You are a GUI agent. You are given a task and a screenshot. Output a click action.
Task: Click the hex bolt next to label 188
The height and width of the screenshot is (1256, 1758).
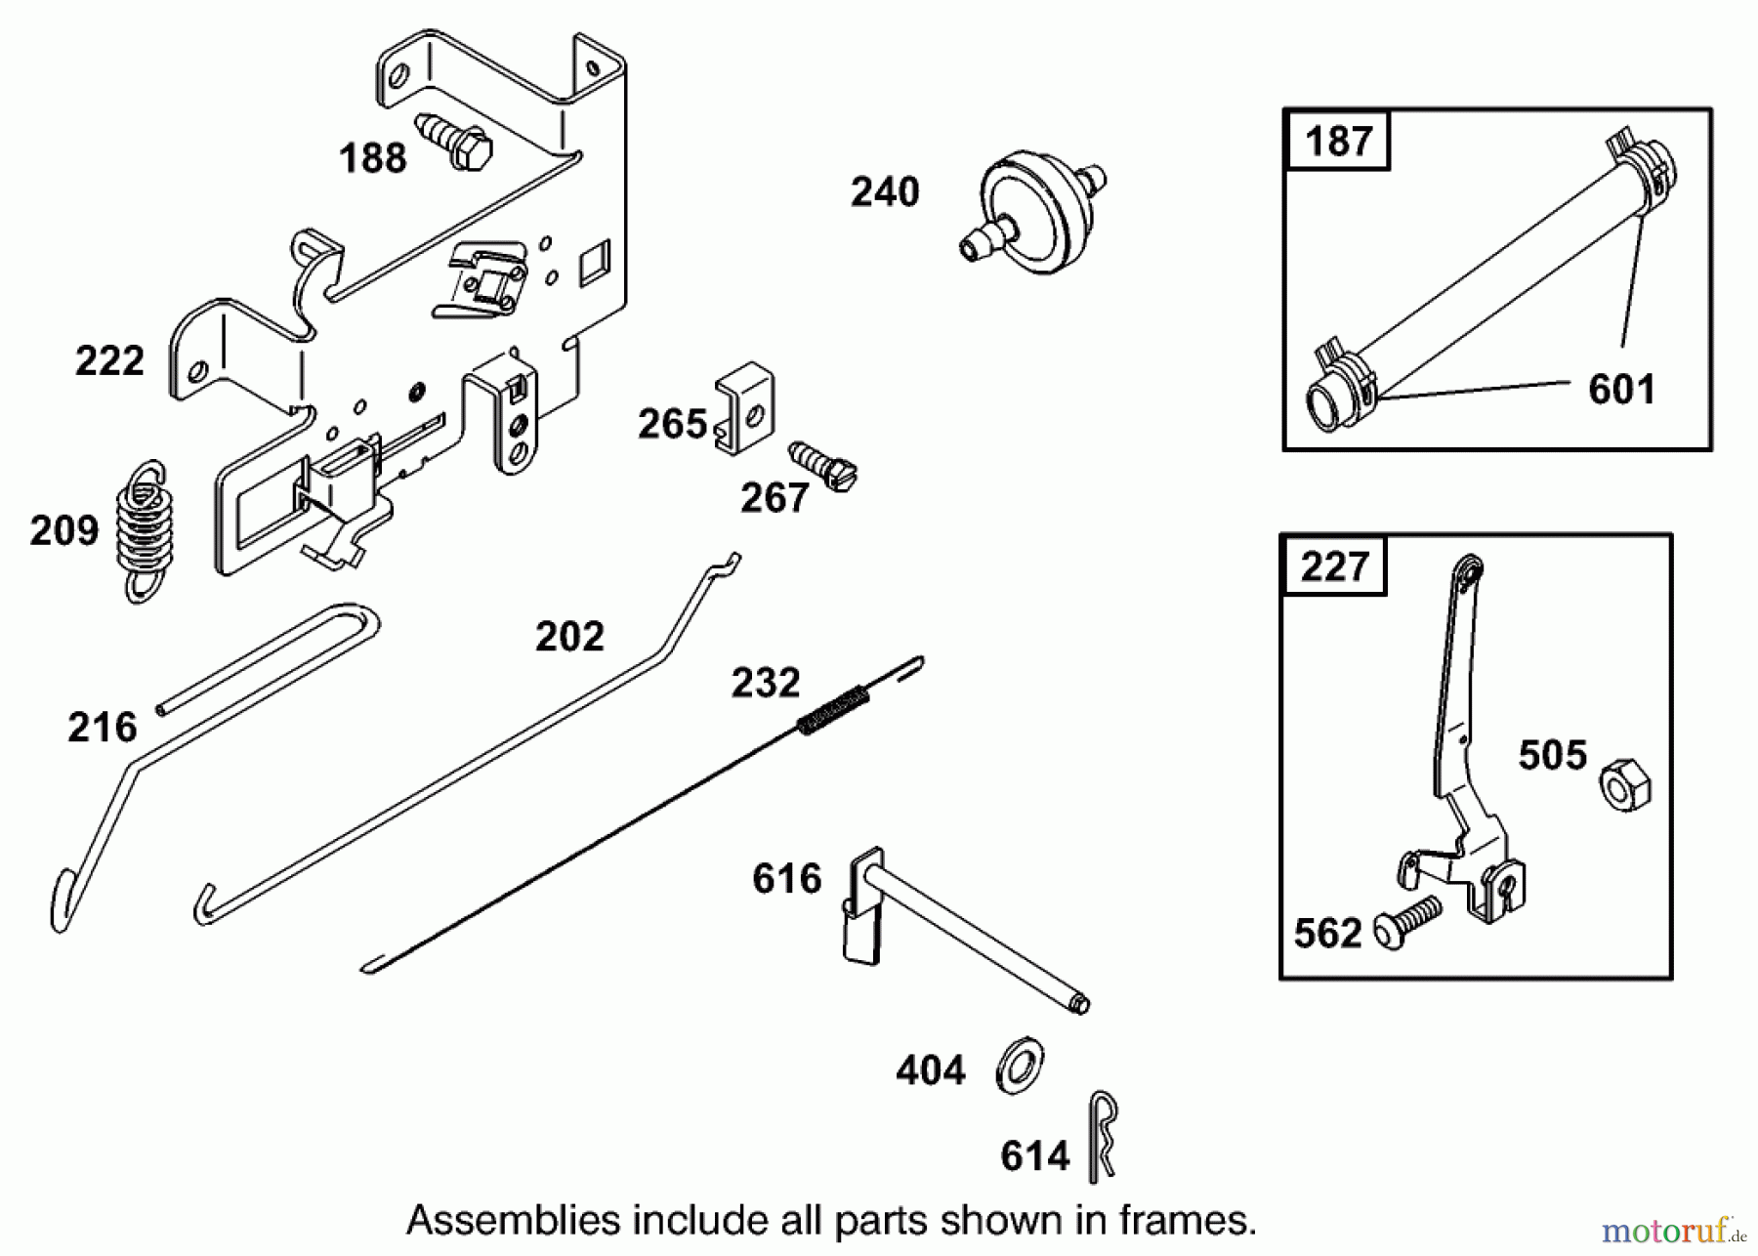[456, 144]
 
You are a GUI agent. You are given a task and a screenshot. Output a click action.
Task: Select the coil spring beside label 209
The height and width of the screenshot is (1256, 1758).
[146, 529]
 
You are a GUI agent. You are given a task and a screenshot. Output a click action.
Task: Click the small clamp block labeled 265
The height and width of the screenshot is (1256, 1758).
[745, 407]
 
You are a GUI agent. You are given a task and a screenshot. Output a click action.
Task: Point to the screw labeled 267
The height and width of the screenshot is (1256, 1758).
[823, 466]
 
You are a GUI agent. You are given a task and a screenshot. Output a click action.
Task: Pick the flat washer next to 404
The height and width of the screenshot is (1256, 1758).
[1019, 1065]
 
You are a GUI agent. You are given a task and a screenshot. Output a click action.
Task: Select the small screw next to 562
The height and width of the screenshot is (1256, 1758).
[1407, 920]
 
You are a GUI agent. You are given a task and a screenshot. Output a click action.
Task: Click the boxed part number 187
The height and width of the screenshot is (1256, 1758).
[1339, 142]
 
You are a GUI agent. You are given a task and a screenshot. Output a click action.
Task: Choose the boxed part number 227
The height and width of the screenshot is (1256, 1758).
[1334, 566]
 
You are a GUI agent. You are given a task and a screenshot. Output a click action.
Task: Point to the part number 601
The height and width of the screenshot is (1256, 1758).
[1621, 390]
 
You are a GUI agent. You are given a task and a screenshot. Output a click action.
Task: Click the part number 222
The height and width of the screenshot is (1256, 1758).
[109, 361]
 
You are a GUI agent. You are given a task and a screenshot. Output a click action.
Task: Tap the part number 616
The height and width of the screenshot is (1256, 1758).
[786, 879]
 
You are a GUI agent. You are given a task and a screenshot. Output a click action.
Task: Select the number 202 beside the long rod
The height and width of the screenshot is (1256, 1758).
[569, 637]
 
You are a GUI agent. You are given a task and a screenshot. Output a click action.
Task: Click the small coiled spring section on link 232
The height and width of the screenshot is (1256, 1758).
[833, 709]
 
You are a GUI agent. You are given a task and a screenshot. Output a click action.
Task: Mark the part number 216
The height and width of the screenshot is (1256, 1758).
[102, 728]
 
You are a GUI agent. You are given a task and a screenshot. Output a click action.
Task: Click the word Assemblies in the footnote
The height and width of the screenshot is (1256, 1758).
[513, 1221]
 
